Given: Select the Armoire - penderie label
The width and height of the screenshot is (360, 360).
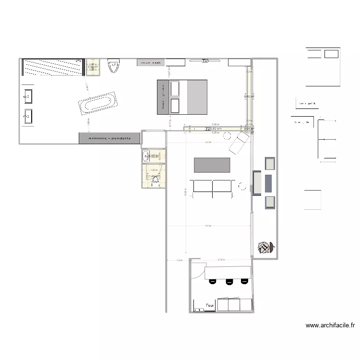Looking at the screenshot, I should tap(109, 138).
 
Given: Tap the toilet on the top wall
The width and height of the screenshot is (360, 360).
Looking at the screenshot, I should tap(114, 66).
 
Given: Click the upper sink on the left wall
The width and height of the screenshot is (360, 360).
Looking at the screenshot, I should tap(28, 96).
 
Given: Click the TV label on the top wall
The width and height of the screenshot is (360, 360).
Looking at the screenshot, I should tap(205, 61).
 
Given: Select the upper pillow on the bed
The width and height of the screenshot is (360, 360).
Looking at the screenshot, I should tap(175, 89).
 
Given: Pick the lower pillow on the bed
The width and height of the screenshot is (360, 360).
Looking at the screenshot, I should tap(175, 106).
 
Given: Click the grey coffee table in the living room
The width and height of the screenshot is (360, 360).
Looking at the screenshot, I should tap(212, 165).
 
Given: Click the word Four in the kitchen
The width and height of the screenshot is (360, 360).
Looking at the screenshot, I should tap(209, 305).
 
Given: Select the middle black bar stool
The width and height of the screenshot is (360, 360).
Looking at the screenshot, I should tap(229, 281).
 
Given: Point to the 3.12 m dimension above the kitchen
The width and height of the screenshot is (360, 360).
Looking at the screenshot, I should tap(220, 260).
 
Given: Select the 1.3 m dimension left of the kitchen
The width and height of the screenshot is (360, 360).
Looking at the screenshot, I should tap(179, 260).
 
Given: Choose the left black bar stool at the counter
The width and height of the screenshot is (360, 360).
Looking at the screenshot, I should tap(212, 281).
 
